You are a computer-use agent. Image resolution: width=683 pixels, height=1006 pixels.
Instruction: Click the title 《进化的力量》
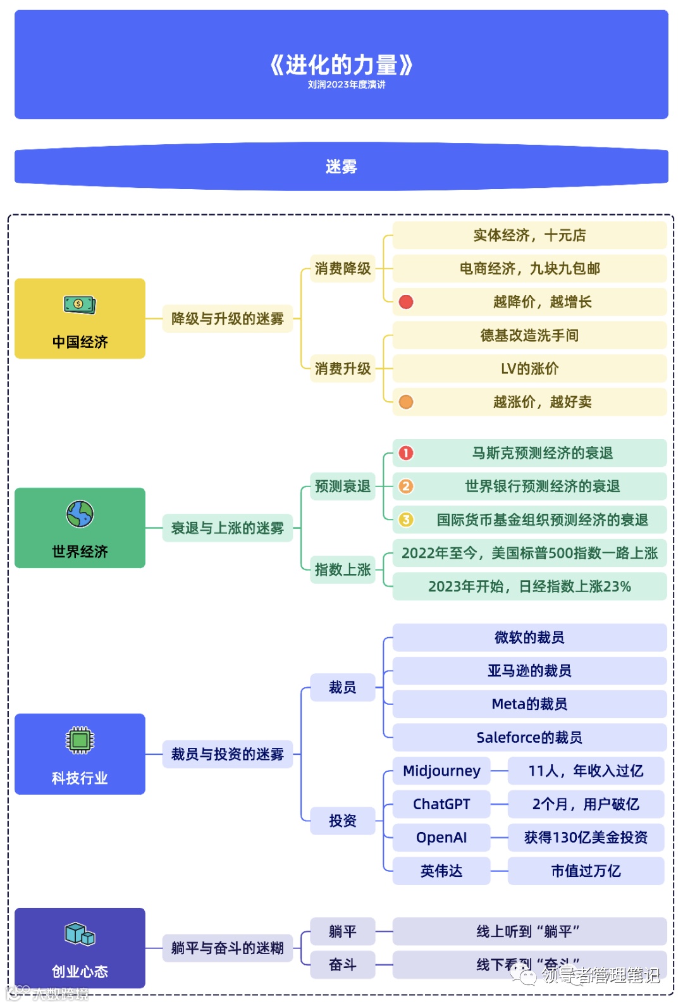(x=341, y=65)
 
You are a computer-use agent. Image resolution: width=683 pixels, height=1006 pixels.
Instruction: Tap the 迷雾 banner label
(x=341, y=166)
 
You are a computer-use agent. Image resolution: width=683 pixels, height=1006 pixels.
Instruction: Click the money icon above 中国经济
(x=80, y=304)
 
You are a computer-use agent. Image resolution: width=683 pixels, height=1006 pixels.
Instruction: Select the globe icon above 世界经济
(x=80, y=514)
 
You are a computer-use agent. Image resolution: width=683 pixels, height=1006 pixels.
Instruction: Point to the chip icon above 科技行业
(x=80, y=740)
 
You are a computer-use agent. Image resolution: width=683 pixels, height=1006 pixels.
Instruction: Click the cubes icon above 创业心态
(x=80, y=934)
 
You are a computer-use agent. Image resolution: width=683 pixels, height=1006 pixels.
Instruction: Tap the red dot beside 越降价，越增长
(x=406, y=302)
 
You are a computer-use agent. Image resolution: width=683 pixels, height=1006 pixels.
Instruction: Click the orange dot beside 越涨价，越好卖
(x=406, y=402)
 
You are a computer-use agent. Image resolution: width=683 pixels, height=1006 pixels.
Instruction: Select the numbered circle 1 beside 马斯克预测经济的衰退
(x=406, y=453)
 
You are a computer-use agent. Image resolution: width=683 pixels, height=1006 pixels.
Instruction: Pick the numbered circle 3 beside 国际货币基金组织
(x=406, y=519)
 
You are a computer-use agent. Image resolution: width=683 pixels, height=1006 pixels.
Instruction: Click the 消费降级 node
(x=343, y=268)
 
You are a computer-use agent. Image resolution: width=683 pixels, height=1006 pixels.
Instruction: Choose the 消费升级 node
(x=343, y=368)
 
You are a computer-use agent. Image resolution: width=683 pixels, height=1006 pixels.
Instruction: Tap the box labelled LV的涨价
(x=529, y=368)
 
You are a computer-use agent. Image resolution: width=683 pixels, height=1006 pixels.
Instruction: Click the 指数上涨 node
(x=343, y=569)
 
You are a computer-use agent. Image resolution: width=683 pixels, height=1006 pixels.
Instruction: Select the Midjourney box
(x=441, y=771)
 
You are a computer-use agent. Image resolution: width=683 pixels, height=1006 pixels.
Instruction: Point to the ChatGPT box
(x=441, y=804)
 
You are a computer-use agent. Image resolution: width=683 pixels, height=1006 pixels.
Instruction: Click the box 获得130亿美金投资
(x=586, y=838)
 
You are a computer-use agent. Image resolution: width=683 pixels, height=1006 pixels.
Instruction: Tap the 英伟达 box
(x=441, y=871)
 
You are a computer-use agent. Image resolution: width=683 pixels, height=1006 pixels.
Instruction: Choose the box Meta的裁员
(x=529, y=704)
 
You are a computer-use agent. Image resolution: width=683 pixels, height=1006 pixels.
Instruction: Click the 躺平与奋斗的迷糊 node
(x=228, y=948)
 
